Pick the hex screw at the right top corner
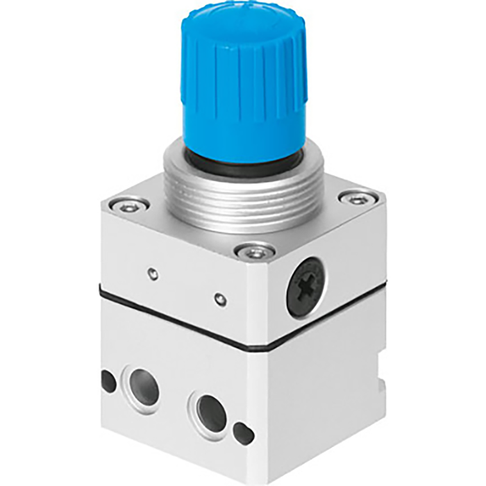point(358,199)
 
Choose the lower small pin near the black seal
point(219,300)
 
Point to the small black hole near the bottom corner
point(242,434)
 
